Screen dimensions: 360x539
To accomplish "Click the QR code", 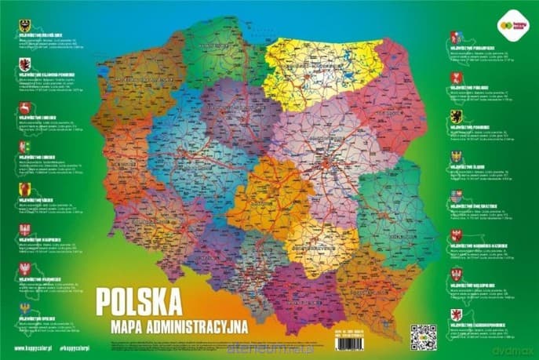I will [423, 332].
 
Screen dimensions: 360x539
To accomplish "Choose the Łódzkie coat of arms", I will [24, 189].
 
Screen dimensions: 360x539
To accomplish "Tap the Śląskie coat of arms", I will [455, 157].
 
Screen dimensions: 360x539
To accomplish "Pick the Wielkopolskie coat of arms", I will [455, 274].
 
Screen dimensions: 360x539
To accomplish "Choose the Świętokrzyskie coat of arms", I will [455, 195].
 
